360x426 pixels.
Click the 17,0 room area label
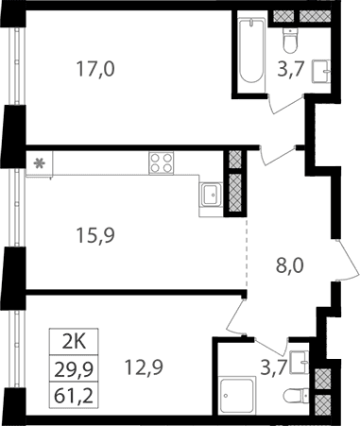click(95, 69)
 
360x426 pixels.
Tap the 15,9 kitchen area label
click(95, 235)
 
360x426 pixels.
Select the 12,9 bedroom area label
click(144, 367)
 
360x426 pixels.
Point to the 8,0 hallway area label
click(289, 265)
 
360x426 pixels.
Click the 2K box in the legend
click(74, 342)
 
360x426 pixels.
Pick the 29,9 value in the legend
click(74, 369)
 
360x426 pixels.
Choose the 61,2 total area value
click(74, 396)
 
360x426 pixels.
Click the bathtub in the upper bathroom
click(250, 50)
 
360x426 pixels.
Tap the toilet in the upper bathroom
click(290, 41)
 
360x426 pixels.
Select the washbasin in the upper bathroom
click(321, 72)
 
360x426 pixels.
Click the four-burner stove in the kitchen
click(162, 162)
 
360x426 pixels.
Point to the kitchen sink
click(211, 195)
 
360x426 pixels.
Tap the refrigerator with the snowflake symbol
click(40, 164)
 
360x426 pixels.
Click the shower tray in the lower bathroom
click(236, 396)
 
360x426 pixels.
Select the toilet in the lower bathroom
click(297, 395)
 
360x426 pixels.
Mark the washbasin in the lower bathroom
click(300, 362)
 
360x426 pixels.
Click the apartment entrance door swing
click(349, 261)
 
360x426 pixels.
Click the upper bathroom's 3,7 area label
click(290, 70)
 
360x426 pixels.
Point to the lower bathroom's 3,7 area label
click(274, 367)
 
